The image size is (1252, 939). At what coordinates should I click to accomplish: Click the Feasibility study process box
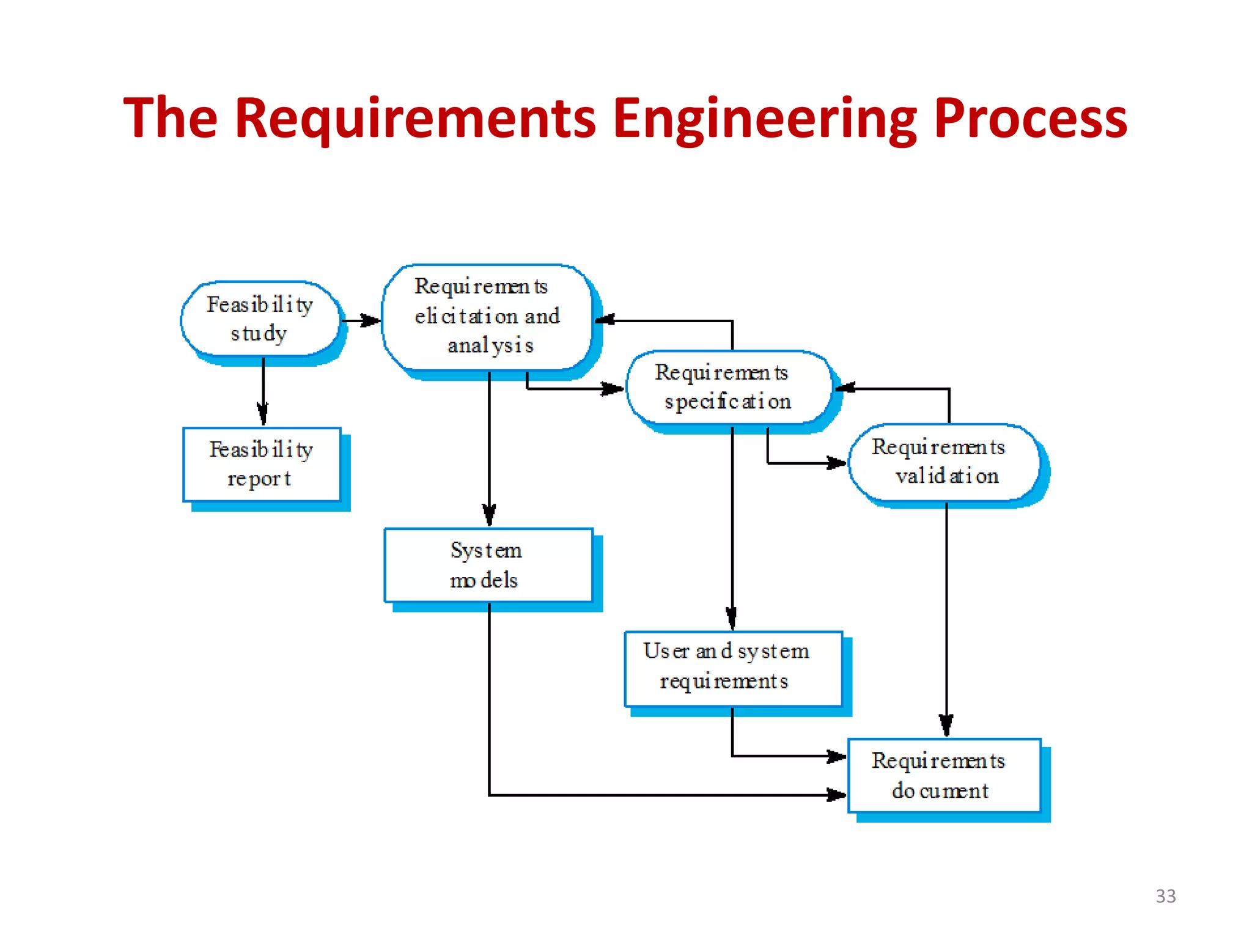click(260, 319)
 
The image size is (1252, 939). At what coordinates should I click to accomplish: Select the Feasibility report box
click(262, 464)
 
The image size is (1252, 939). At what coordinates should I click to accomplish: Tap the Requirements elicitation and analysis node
click(487, 317)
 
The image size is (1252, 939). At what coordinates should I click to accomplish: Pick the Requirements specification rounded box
click(728, 387)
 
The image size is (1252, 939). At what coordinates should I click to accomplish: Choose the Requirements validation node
click(945, 462)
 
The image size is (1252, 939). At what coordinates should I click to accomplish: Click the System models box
click(488, 565)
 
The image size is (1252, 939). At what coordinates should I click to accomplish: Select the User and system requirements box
click(732, 667)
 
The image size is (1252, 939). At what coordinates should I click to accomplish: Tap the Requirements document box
click(943, 775)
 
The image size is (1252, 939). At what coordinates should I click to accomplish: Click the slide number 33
click(1165, 896)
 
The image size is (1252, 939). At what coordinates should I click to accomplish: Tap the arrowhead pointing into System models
click(489, 515)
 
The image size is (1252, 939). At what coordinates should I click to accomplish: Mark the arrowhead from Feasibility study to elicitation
click(370, 320)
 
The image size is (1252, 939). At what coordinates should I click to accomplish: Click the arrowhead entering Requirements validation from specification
click(836, 463)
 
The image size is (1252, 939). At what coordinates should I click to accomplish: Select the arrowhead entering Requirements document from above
click(946, 726)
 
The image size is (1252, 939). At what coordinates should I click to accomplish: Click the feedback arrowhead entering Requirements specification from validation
click(846, 388)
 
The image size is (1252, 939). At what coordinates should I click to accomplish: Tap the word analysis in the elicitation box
click(490, 345)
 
